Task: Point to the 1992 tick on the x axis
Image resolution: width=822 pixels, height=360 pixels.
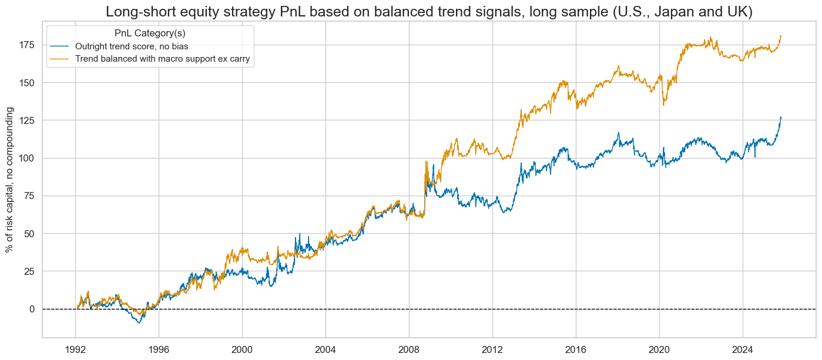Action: click(x=76, y=347)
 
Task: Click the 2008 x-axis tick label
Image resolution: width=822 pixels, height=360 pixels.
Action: click(x=409, y=347)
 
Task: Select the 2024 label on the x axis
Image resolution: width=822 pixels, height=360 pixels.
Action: click(x=742, y=347)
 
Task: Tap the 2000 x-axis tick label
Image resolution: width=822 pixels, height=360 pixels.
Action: click(x=242, y=347)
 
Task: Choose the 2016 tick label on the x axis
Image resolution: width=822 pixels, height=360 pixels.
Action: click(x=576, y=347)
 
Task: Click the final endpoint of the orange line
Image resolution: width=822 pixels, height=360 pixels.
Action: click(x=781, y=36)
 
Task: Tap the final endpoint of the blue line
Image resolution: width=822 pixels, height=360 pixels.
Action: click(x=781, y=117)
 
